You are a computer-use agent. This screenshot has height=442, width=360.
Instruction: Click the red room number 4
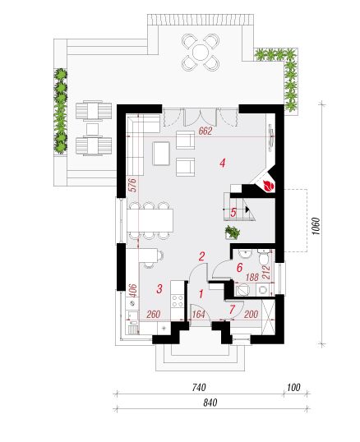223,163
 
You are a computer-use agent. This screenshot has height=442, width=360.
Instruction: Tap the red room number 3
159,288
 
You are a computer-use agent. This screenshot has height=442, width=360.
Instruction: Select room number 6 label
239,267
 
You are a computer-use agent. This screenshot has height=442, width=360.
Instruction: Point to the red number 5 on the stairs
233,212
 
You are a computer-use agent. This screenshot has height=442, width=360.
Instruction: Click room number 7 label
232,310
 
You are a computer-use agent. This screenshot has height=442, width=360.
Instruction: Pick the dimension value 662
205,131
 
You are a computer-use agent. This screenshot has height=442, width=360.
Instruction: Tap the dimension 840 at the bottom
210,403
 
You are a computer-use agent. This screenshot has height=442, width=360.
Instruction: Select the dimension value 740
199,387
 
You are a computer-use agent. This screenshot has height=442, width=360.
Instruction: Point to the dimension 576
132,185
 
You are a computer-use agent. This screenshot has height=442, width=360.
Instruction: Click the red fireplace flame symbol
269,186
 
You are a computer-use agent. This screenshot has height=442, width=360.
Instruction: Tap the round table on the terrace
201,52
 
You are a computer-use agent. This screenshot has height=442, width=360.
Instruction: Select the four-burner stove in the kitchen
178,301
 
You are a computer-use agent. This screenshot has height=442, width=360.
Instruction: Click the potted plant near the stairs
233,233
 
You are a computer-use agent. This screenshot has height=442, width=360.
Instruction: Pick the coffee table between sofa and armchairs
161,154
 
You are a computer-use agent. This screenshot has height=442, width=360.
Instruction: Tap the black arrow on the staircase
247,209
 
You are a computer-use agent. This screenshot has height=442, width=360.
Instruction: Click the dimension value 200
251,314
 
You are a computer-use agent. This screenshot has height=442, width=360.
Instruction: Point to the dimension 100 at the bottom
293,387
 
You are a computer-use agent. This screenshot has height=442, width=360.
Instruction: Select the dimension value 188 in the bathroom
252,278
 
